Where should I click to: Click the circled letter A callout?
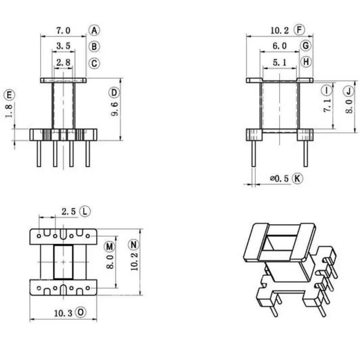[94, 30]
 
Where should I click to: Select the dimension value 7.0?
[63, 30]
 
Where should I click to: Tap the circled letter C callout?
[94, 63]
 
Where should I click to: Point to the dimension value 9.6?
[115, 109]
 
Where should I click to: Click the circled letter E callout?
[9, 95]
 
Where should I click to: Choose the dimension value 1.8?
[9, 111]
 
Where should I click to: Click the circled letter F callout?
[299, 30]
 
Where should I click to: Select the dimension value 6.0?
[279, 46]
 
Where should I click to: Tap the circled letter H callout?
[306, 62]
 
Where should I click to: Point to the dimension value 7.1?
[328, 105]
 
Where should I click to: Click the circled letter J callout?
[349, 91]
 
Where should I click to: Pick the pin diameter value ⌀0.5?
[279, 178]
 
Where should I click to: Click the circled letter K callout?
[297, 178]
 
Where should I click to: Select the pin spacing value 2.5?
[69, 211]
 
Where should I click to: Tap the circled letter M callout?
[109, 247]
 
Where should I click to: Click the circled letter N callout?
[134, 245]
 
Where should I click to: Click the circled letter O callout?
[81, 312]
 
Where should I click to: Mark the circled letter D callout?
[114, 93]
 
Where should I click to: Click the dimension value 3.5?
[63, 46]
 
